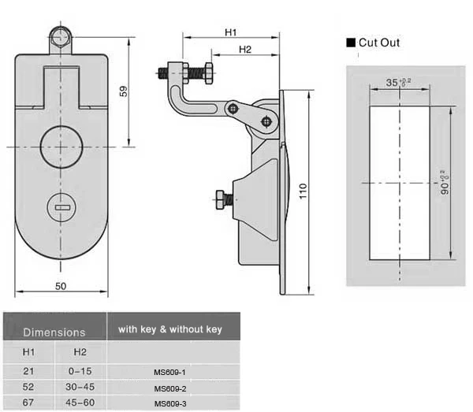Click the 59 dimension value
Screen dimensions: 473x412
pyautogui.click(x=124, y=91)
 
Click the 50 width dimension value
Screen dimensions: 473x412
pyautogui.click(x=61, y=286)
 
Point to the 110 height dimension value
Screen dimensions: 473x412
pyautogui.click(x=303, y=191)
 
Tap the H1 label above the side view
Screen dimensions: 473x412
pyautogui.click(x=231, y=32)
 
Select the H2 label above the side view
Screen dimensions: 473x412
pyautogui.click(x=245, y=50)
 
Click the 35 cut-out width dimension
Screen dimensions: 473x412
pyautogui.click(x=398, y=82)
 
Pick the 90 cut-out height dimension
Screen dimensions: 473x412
pyautogui.click(x=445, y=183)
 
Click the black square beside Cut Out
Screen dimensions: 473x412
pyautogui.click(x=351, y=43)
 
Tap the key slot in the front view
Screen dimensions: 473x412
pyautogui.click(x=63, y=207)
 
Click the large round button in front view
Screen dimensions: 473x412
pyautogui.click(x=61, y=147)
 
